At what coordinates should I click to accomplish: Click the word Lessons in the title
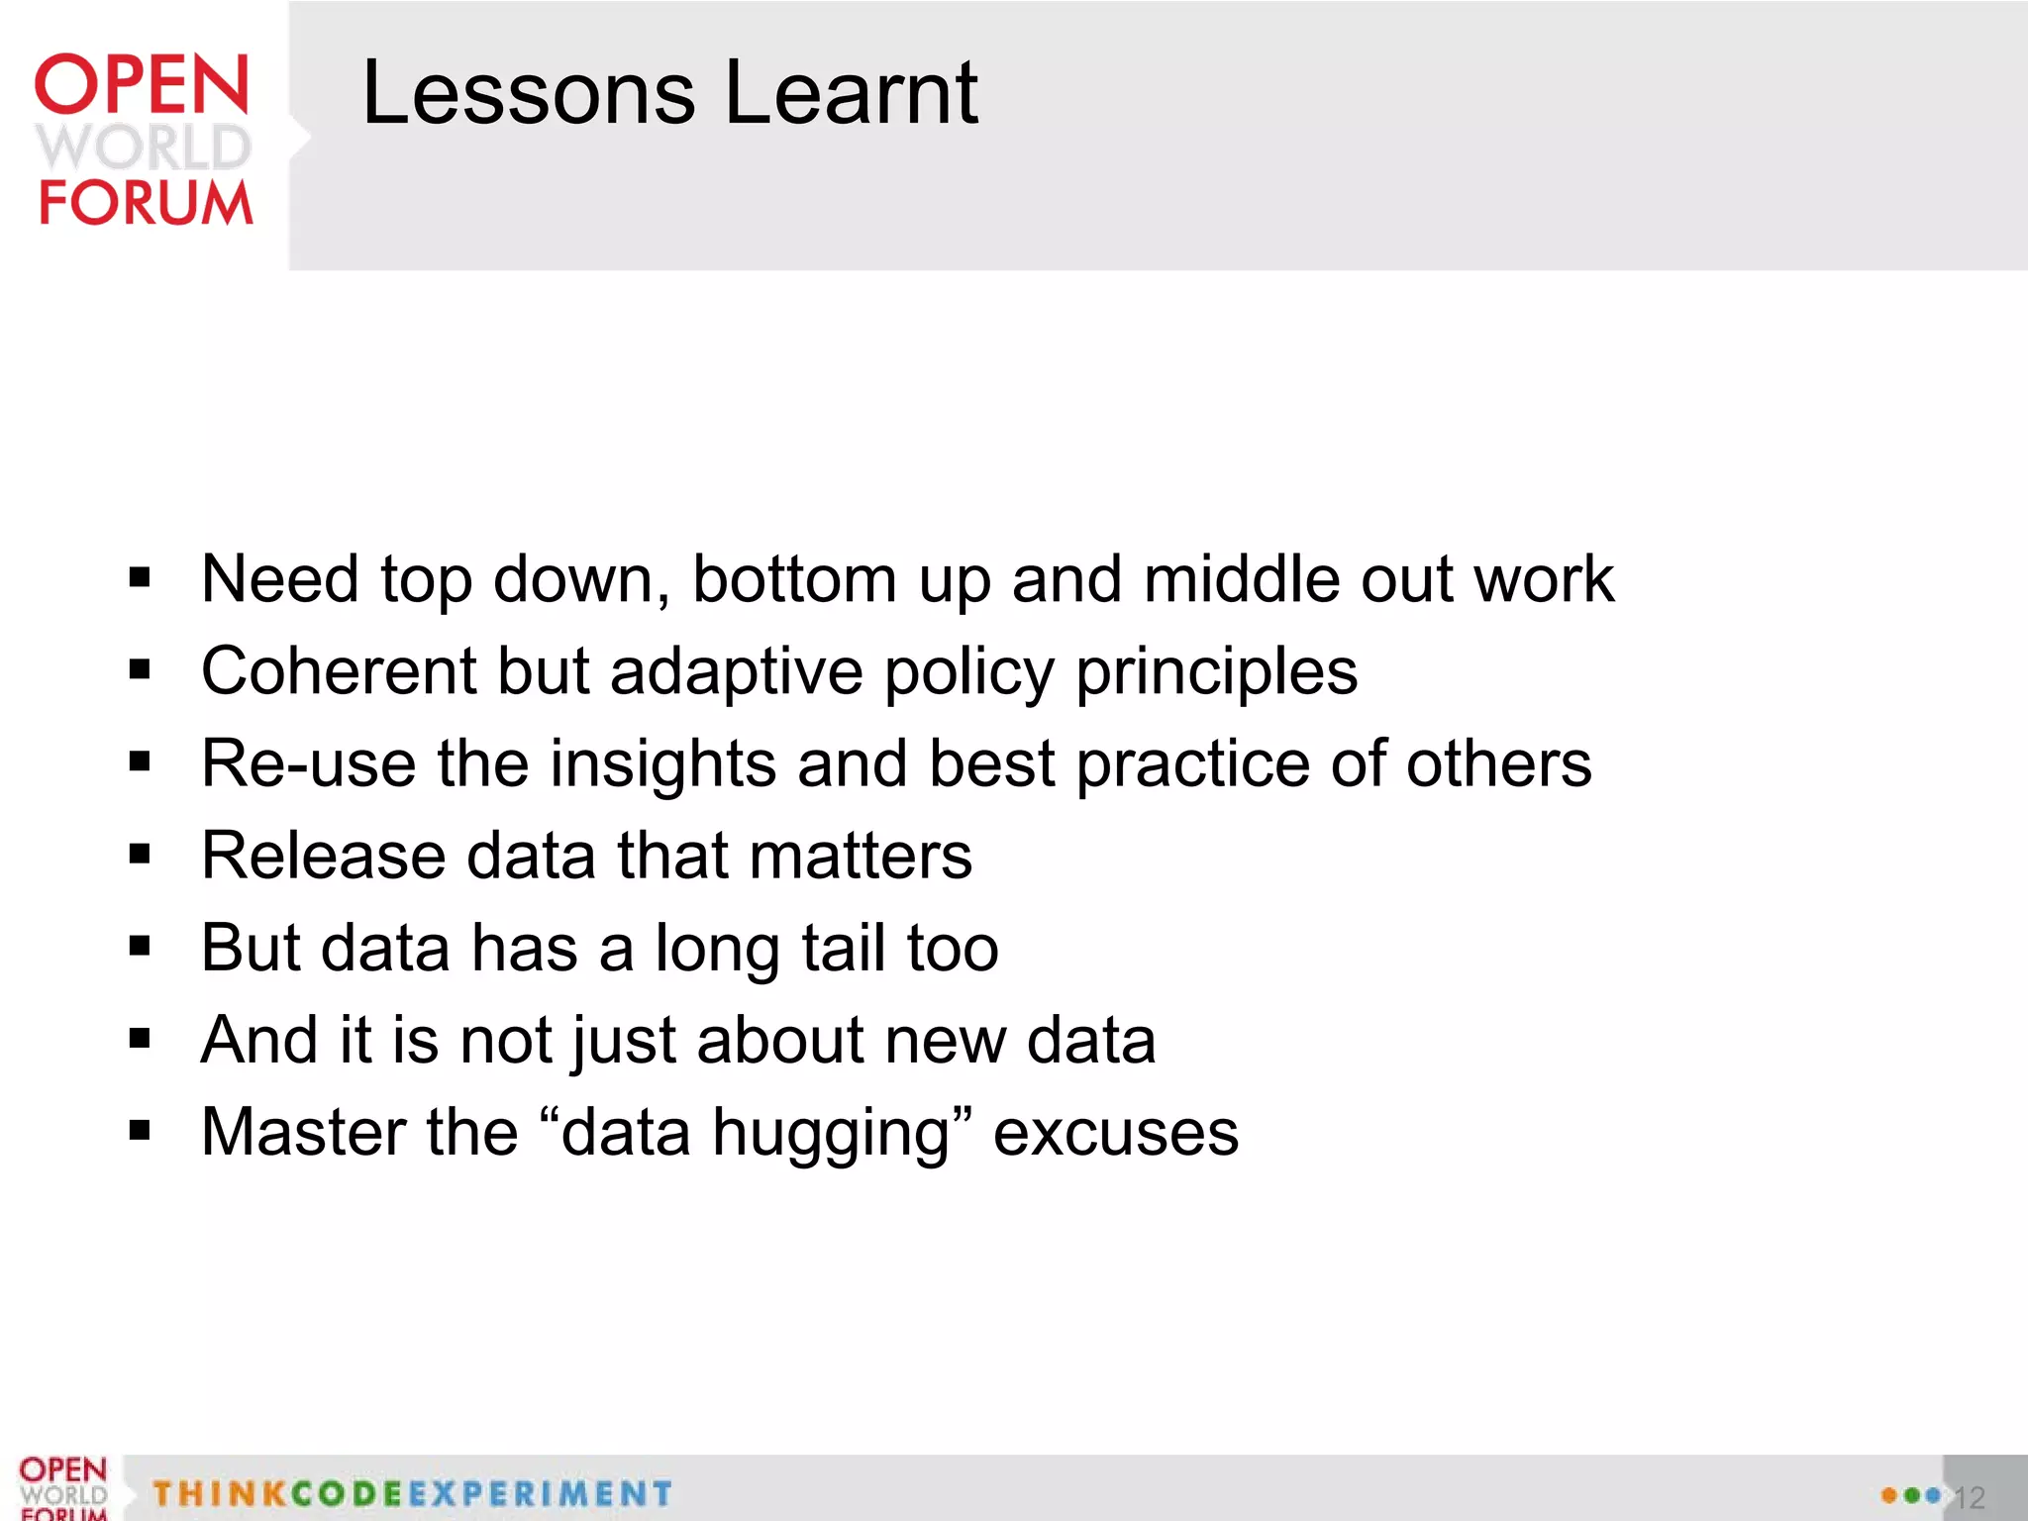[x=529, y=93]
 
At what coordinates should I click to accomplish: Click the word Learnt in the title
[x=852, y=93]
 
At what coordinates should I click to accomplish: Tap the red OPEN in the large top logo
[x=142, y=85]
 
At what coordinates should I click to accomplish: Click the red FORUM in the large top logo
[x=146, y=203]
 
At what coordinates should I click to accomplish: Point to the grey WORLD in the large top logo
[x=144, y=147]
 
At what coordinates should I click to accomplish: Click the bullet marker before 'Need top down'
[x=140, y=577]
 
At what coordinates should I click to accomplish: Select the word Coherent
[x=339, y=671]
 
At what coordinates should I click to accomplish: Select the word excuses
[x=1115, y=1133]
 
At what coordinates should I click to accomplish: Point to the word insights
[x=662, y=764]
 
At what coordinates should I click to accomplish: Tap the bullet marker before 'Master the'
[x=140, y=1130]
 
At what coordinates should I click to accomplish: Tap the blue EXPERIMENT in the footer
[x=539, y=1493]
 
